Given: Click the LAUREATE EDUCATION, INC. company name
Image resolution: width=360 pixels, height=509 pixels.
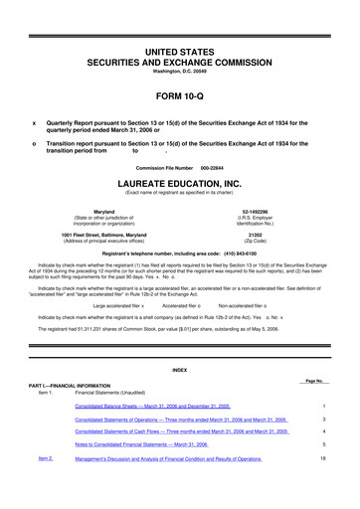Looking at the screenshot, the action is [x=180, y=185].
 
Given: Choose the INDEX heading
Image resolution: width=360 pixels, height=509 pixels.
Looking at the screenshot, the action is [x=180, y=372].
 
